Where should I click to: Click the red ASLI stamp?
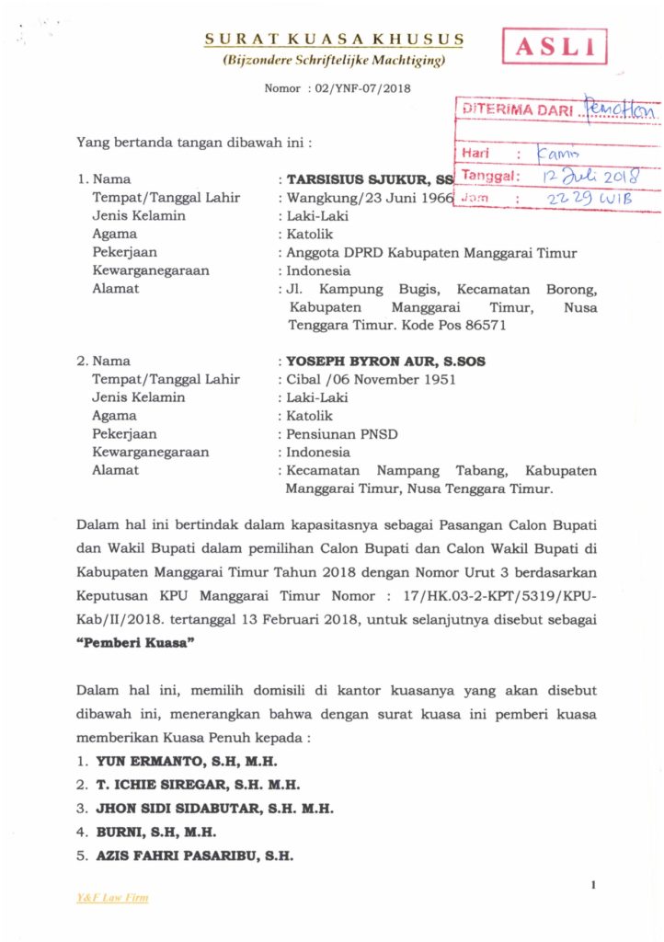(555, 45)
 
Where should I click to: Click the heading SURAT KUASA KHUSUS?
(334, 40)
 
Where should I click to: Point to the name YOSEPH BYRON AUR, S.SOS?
(385, 362)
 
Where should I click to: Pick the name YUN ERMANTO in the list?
(148, 762)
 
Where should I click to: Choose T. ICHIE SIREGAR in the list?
(163, 786)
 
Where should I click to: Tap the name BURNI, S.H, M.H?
(155, 833)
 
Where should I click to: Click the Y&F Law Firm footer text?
(112, 897)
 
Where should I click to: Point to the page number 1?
(594, 885)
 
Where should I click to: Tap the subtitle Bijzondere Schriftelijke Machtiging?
(334, 61)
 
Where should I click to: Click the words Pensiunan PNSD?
(328, 434)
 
